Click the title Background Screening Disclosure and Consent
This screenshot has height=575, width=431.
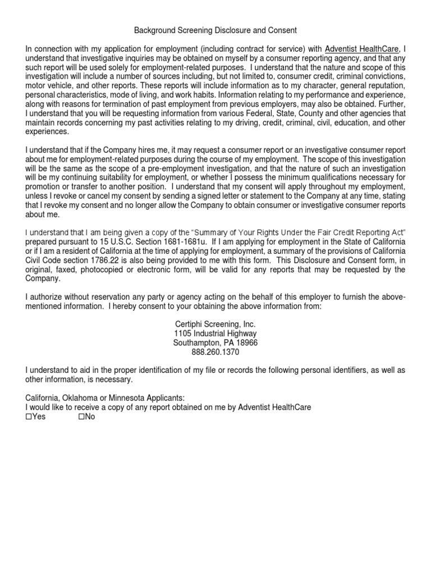coord(215,30)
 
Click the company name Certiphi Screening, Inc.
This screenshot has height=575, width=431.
coord(215,325)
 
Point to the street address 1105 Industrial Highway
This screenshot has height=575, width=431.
coord(215,334)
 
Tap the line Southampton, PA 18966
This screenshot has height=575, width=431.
coord(215,343)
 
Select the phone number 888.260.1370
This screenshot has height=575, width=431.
coord(215,352)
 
